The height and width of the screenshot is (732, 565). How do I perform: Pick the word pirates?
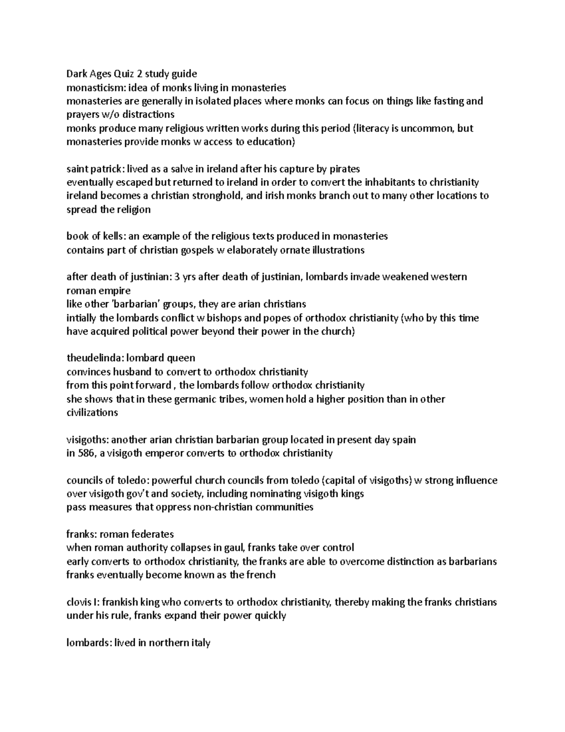344,169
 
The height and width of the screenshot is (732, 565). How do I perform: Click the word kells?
115,236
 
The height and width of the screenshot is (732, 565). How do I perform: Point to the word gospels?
197,250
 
